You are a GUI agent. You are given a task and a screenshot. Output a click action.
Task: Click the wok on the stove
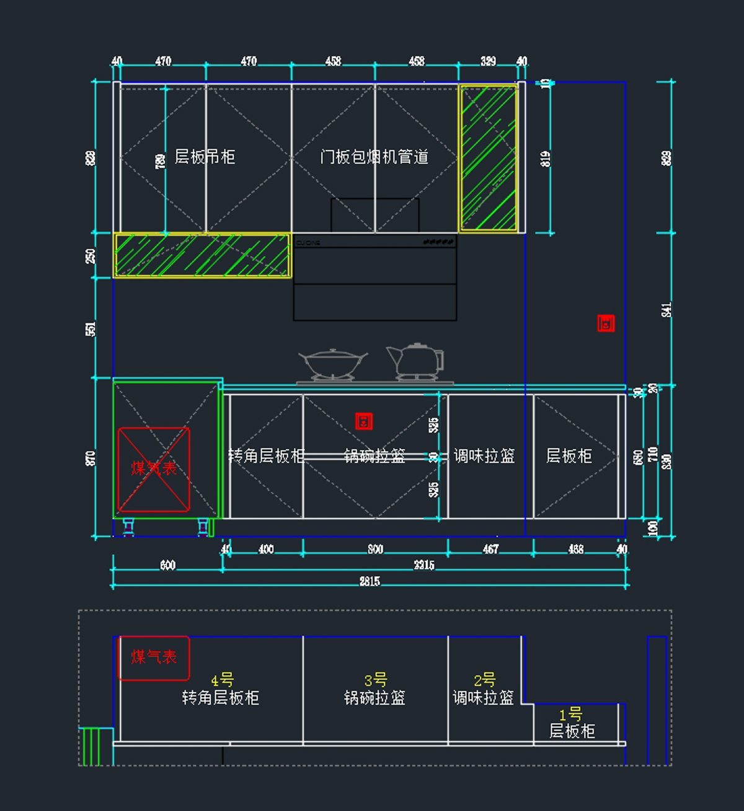[x=332, y=363]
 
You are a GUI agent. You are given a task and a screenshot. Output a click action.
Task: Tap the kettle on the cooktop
[x=416, y=361]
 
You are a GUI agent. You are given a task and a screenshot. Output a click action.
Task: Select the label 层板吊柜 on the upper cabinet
[x=205, y=157]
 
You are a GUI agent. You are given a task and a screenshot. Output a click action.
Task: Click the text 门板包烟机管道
[x=374, y=157]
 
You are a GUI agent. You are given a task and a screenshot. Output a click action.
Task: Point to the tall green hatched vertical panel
[x=489, y=159]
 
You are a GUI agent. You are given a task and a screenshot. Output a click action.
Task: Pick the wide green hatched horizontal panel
[x=202, y=255]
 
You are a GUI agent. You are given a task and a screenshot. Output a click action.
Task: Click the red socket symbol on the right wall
[x=606, y=323]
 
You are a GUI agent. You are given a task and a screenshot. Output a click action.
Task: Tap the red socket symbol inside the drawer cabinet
[x=364, y=421]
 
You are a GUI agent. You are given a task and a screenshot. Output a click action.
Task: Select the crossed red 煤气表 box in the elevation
[x=154, y=469]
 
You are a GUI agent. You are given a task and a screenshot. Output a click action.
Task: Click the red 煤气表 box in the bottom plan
[x=154, y=657]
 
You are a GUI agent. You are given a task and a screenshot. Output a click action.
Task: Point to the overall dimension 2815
[x=370, y=581]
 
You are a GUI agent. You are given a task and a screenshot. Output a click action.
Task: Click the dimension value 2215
[x=424, y=565]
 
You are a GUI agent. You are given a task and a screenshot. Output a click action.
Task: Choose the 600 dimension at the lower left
[x=167, y=565]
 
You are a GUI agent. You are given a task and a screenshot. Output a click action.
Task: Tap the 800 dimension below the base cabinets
[x=375, y=550]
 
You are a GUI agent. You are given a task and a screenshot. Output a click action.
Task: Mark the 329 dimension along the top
[x=488, y=61]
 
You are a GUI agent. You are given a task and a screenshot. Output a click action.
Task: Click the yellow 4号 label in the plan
[x=222, y=680]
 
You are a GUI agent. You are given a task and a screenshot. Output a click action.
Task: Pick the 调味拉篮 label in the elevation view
[x=484, y=457]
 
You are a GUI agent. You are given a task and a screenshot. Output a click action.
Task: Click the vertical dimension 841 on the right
[x=666, y=309]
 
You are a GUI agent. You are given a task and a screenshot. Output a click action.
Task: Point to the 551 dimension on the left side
[x=91, y=328]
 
